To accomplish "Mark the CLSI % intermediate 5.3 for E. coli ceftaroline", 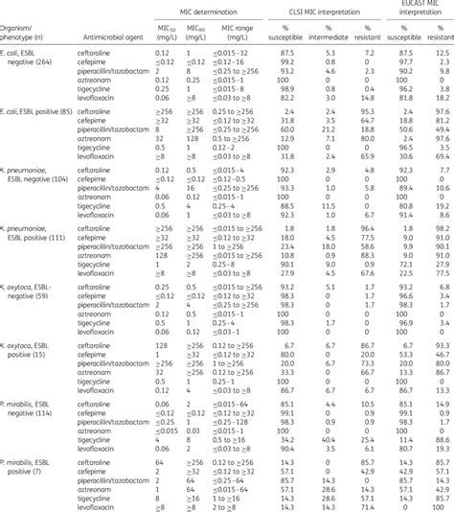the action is [330, 49].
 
